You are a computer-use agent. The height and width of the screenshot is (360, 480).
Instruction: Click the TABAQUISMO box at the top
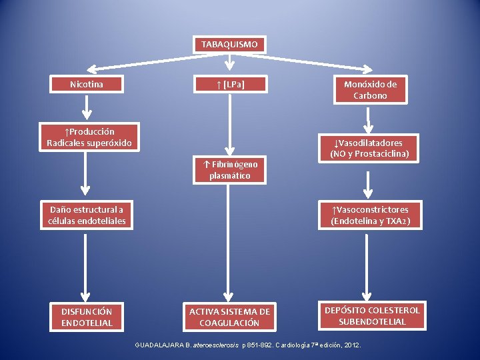pos(229,45)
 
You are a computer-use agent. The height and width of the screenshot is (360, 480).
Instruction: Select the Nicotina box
pos(87,84)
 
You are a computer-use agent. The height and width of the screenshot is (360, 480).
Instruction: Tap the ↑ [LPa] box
pos(230,84)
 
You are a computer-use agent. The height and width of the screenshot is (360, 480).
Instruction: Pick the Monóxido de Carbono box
pos(371,90)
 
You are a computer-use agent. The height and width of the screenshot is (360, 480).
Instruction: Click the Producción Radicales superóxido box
pos(89,137)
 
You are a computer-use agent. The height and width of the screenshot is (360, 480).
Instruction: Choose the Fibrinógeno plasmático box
pos(229,170)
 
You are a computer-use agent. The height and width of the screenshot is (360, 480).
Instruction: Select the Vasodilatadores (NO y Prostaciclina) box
pos(369,148)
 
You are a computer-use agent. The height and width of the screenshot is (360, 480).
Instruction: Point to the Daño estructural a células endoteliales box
pos(87,215)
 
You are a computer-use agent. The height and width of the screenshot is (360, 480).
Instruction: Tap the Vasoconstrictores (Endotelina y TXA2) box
pos(370,215)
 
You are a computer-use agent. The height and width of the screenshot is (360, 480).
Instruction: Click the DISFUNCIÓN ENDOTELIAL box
pos(87,317)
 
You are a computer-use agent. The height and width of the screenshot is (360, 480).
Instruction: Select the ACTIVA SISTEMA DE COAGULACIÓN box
pos(229,317)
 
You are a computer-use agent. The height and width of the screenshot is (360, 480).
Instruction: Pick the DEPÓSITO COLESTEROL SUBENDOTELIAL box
pos(372,316)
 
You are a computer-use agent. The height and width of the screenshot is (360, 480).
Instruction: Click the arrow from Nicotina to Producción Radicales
pos(87,107)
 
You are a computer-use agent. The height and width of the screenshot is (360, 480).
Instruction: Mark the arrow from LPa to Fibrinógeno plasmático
pos(229,125)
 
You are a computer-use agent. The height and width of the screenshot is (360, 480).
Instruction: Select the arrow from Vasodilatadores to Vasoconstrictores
pos(368,185)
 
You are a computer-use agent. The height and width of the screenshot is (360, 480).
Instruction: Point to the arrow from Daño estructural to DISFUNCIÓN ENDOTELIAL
pos(85,268)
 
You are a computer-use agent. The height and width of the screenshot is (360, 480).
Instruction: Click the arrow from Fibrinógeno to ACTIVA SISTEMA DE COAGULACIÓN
pos(228,243)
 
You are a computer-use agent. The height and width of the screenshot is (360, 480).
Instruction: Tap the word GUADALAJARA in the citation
pos(159,345)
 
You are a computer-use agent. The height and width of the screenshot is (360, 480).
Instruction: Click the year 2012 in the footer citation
pos(352,345)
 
